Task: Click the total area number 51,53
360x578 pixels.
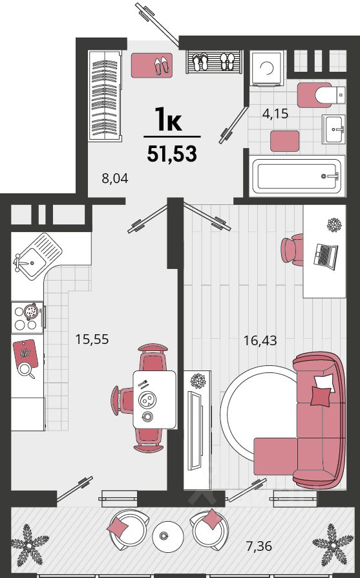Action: click(172, 154)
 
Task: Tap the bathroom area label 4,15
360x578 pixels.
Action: click(275, 114)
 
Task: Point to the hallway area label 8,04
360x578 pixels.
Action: click(115, 178)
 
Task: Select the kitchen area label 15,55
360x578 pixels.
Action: click(92, 339)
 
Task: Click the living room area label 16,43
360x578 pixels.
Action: click(260, 340)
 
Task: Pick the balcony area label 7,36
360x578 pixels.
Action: click(259, 546)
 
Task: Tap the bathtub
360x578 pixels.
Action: click(297, 176)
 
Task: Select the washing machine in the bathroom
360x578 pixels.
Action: click(267, 68)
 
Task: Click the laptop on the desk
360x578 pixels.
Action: click(325, 256)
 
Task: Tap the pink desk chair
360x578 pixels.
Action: click(293, 250)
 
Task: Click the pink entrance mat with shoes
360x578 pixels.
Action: click(152, 65)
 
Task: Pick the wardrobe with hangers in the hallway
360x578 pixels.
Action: click(105, 95)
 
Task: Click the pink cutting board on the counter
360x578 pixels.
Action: click(25, 353)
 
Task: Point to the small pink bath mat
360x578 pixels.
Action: click(284, 141)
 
